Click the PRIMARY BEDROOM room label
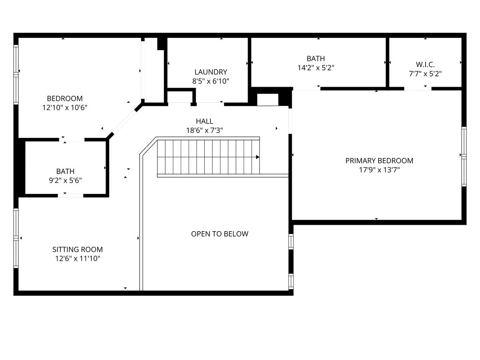(x=379, y=161)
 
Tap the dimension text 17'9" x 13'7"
(x=380, y=170)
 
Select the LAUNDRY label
(x=211, y=72)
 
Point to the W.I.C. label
(x=425, y=64)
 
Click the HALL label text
(x=204, y=121)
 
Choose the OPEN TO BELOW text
(x=220, y=234)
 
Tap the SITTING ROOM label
(x=78, y=249)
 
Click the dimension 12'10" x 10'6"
(x=65, y=108)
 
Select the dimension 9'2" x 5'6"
(x=65, y=180)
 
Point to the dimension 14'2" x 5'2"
(x=316, y=68)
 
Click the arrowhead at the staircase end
(x=258, y=157)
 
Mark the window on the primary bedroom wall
(x=464, y=156)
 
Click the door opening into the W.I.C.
(x=418, y=88)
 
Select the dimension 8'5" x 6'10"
(x=210, y=81)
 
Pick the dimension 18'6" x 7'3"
(x=204, y=130)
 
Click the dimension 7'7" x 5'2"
(x=425, y=74)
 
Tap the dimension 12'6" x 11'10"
(x=78, y=258)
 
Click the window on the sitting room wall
(x=16, y=238)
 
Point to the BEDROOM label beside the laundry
(x=65, y=98)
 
